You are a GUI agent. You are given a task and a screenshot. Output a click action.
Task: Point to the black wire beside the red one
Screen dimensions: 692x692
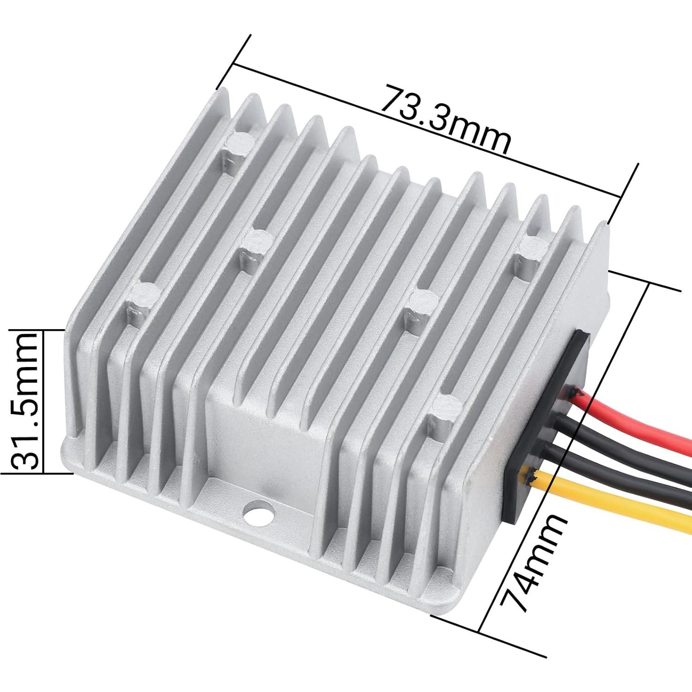623,443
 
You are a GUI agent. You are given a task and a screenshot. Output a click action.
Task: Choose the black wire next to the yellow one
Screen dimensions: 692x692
614,475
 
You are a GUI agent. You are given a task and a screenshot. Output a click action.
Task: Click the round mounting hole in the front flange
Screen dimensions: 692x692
259,514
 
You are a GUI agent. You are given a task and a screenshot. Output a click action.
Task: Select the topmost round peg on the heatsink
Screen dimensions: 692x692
238,144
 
